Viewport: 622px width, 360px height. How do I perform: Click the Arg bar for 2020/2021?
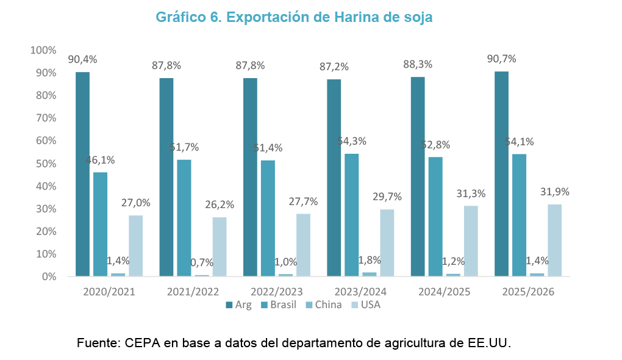tap(82, 175)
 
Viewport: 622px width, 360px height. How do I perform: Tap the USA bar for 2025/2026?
tap(554, 240)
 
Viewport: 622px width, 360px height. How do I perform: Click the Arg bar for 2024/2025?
tap(418, 177)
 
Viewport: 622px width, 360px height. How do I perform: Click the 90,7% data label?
tap(501, 59)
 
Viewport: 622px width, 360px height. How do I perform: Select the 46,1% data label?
tap(100, 160)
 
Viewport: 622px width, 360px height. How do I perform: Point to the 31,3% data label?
tap(471, 193)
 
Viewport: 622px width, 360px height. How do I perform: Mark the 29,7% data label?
tap(387, 197)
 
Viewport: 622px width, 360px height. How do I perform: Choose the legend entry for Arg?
tap(238, 304)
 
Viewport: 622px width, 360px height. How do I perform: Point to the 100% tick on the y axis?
tap(43, 49)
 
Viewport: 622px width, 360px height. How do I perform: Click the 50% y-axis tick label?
tap(46, 164)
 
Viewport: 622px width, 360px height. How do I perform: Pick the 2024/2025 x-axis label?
tap(445, 292)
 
